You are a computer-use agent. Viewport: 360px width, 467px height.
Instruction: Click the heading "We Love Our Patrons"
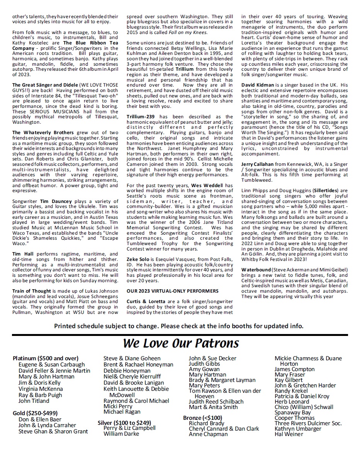pyautogui.click(x=181, y=343)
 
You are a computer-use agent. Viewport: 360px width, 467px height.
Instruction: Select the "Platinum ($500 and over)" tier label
pyautogui.click(x=46, y=358)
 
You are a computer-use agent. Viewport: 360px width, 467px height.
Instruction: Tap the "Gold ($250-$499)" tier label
pyautogui.click(x=35, y=413)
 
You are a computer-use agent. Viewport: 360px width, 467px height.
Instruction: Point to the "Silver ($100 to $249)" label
pyautogui.click(x=124, y=423)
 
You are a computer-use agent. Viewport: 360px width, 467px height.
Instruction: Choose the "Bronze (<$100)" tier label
pyautogui.click(x=203, y=418)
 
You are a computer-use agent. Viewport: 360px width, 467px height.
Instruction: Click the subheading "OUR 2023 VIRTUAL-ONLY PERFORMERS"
pyautogui.click(x=172, y=291)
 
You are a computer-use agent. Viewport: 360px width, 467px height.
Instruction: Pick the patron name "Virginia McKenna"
pyautogui.click(x=41, y=389)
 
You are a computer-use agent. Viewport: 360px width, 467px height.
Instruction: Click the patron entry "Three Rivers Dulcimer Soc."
pyautogui.click(x=308, y=423)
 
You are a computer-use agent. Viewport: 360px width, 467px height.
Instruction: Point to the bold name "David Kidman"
pyautogui.click(x=258, y=85)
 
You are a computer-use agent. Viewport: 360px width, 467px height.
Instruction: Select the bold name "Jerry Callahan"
pyautogui.click(x=260, y=164)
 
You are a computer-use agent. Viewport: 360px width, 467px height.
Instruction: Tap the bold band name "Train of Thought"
pyautogui.click(x=32, y=291)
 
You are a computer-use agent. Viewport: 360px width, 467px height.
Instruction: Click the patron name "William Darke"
pyautogui.click(x=121, y=434)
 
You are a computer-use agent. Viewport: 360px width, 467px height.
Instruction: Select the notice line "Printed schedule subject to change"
pyautogui.click(x=179, y=326)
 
